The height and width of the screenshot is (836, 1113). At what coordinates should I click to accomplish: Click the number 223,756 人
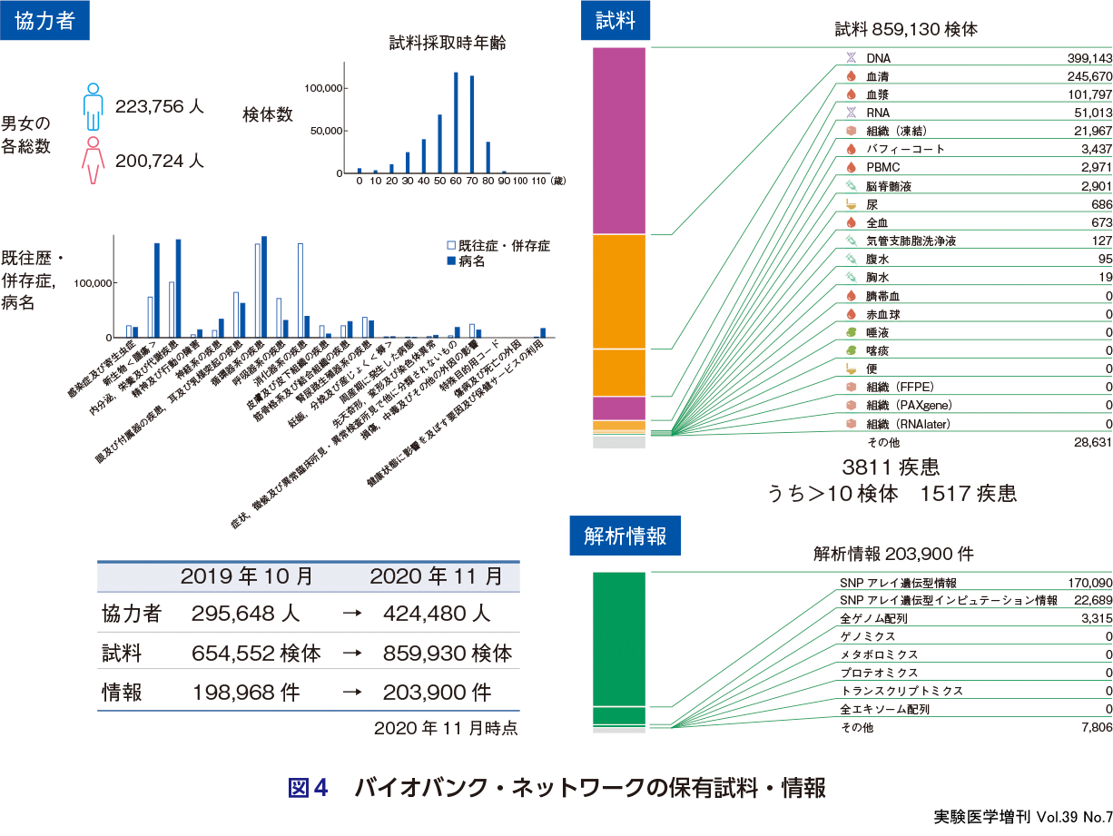point(160,107)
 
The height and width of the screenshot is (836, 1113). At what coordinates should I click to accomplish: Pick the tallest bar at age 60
point(456,123)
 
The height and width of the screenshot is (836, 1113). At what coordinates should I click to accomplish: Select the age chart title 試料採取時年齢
point(448,42)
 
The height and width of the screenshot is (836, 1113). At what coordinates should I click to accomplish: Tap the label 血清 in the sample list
point(877,76)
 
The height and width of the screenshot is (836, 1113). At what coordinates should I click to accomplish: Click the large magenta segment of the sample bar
point(618,141)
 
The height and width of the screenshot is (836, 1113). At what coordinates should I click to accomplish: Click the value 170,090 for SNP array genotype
point(1089,582)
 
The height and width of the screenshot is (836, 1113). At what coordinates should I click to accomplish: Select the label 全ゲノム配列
point(873,618)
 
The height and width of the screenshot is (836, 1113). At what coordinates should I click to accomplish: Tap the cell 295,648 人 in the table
point(245,614)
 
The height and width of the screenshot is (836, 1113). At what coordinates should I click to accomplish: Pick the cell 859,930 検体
point(448,654)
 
